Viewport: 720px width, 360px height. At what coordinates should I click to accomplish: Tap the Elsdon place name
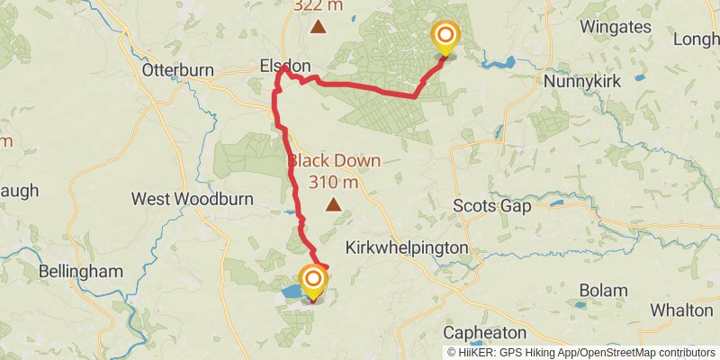284,67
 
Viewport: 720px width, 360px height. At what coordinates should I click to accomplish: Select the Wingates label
616,26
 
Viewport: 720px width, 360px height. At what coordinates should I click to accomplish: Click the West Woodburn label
192,198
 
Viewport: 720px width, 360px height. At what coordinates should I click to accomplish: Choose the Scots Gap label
491,205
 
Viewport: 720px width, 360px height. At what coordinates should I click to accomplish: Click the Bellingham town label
80,271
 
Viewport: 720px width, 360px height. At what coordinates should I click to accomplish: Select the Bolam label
602,291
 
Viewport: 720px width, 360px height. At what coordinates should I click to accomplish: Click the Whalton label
681,310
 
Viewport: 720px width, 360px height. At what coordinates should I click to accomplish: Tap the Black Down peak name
334,161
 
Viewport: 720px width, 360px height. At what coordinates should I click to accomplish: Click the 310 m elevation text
334,183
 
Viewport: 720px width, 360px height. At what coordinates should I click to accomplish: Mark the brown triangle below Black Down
334,204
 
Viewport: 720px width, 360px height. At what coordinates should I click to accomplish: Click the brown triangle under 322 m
318,27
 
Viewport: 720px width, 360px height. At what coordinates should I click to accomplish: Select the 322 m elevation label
318,6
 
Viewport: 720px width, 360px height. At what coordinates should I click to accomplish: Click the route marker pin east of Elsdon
445,39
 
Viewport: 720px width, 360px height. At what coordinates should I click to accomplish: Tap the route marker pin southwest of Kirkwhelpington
313,283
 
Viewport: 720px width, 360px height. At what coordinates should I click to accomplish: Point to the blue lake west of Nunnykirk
498,64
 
